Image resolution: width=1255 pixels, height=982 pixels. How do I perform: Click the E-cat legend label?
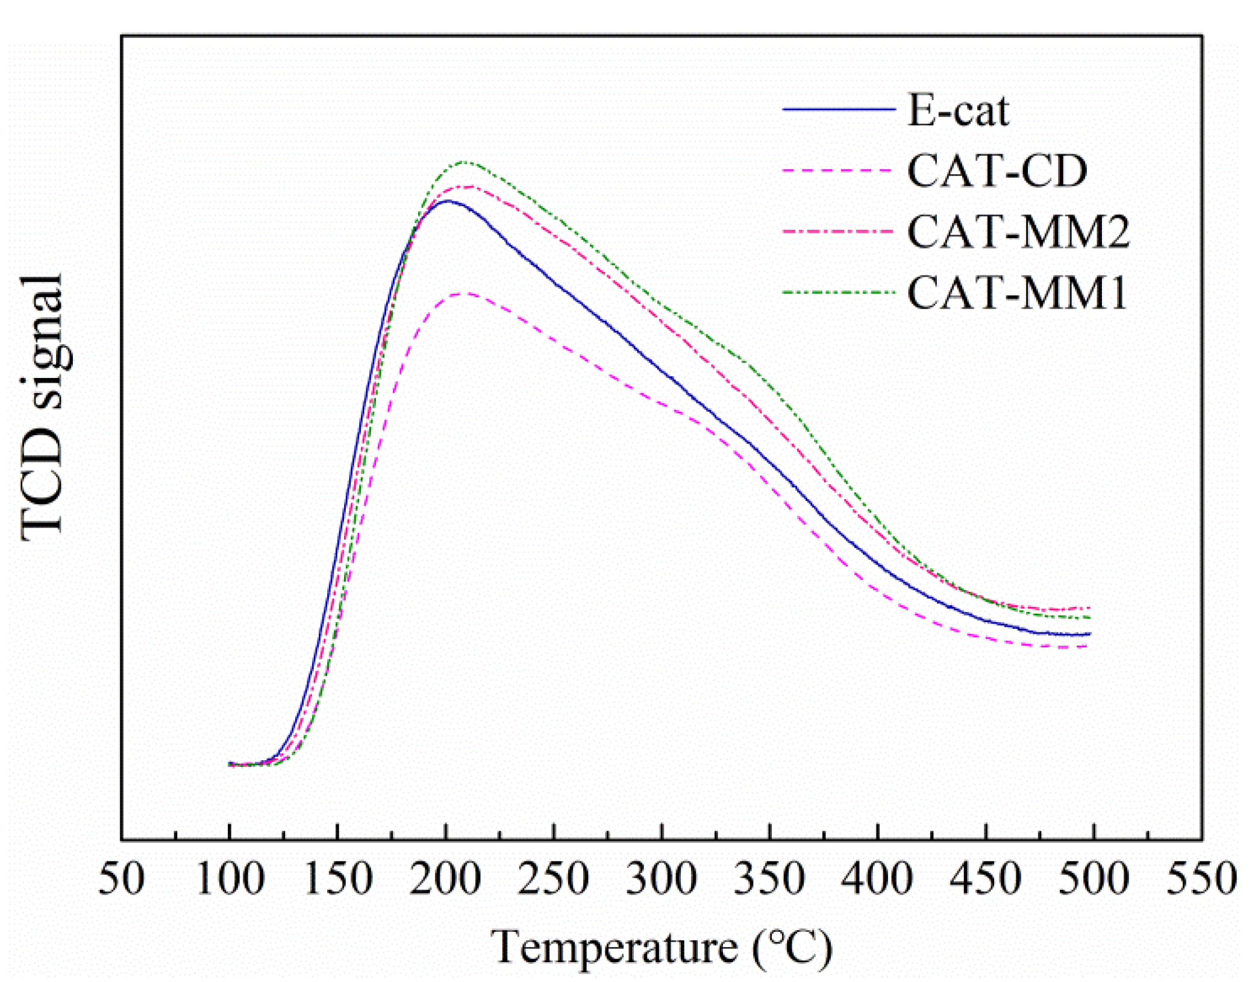point(957,111)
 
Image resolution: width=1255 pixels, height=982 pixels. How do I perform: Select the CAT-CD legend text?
point(997,172)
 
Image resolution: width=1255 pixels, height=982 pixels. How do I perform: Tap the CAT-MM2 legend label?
point(1018,232)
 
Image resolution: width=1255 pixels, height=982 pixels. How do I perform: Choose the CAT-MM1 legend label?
point(1016,294)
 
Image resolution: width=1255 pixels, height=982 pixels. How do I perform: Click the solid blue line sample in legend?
point(839,109)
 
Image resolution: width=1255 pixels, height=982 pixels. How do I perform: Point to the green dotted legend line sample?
point(839,292)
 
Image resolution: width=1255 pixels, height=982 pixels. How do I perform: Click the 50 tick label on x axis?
point(122,878)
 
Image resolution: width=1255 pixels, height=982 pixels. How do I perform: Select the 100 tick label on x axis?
point(230,878)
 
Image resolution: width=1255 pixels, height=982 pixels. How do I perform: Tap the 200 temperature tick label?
point(446,878)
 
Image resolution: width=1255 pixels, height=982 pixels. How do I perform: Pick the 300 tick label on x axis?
point(662,878)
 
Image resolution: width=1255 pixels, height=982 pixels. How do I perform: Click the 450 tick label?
point(986,878)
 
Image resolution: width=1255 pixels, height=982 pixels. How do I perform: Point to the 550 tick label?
point(1201,878)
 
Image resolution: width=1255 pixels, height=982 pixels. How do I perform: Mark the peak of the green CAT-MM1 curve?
point(464,162)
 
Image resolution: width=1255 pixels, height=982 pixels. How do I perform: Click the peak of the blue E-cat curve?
point(447,201)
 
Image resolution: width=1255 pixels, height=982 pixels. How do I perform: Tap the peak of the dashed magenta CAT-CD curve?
point(465,294)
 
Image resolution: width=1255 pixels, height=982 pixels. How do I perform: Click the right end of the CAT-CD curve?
point(1088,646)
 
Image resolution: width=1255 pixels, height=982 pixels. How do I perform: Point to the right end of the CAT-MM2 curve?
point(1089,608)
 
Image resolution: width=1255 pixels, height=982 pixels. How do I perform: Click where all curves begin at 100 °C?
point(230,764)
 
